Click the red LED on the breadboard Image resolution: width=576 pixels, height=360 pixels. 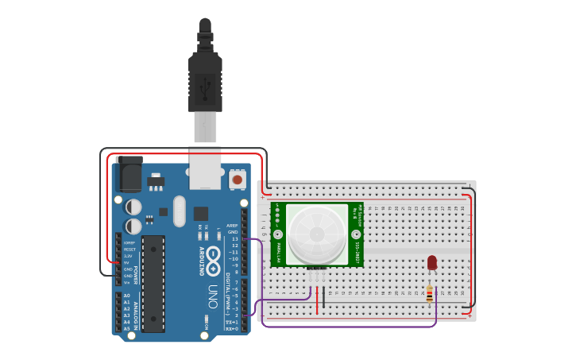click(x=432, y=262)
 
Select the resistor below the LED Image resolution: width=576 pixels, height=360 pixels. click(x=430, y=295)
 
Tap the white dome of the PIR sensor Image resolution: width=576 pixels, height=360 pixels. click(x=317, y=234)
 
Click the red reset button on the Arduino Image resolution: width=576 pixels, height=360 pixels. click(x=237, y=180)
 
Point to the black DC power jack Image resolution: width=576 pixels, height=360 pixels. click(x=129, y=174)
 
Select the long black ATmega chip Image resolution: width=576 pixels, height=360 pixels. click(x=153, y=283)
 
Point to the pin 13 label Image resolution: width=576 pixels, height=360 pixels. click(x=234, y=238)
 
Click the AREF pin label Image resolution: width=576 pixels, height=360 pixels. click(x=233, y=225)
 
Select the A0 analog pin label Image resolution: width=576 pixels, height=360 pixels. click(x=126, y=296)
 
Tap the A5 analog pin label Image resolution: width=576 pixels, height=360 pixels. click(x=126, y=328)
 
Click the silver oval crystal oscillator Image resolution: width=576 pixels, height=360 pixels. click(x=180, y=211)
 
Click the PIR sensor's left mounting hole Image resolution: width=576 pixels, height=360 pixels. click(x=278, y=234)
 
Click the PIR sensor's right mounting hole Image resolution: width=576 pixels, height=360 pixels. click(x=356, y=234)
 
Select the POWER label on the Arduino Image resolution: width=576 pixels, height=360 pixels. click(x=135, y=274)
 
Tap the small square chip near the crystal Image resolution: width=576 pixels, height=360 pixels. click(x=200, y=213)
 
